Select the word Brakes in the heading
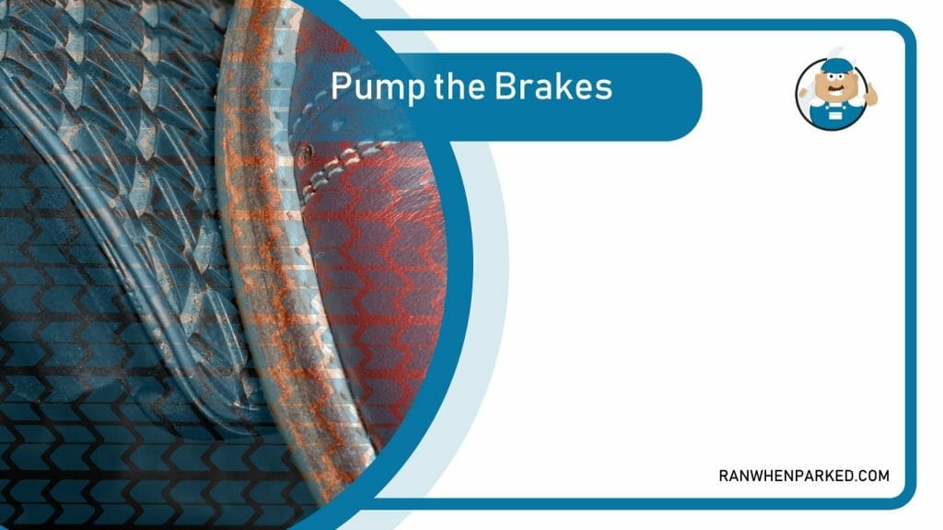pos(555,86)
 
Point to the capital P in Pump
pos(340,86)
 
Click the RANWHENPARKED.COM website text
pos(803,476)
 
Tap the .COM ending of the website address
pos(872,476)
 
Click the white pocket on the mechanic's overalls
pos(836,114)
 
